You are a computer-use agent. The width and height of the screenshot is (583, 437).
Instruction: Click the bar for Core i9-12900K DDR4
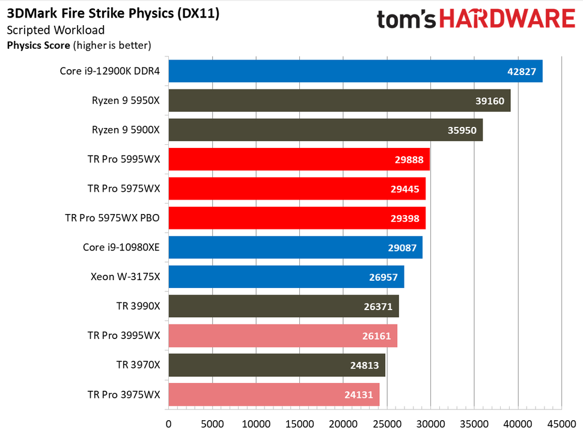click(355, 71)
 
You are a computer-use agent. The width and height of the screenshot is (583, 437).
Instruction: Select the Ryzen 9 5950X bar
click(339, 100)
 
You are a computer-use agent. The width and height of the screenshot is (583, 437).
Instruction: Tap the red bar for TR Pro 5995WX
click(299, 159)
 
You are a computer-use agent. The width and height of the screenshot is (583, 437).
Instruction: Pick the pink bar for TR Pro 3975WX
click(273, 395)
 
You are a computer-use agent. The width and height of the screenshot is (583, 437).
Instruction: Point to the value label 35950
click(463, 130)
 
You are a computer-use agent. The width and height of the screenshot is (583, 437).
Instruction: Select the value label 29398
click(406, 219)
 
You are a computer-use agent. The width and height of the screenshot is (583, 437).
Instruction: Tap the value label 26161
click(378, 336)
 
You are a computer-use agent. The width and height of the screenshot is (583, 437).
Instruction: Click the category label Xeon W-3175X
click(125, 277)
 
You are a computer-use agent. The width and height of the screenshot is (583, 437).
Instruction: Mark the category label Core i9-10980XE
click(121, 248)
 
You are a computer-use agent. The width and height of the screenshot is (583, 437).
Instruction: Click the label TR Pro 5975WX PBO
click(112, 218)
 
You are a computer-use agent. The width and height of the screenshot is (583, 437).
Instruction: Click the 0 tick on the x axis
click(169, 424)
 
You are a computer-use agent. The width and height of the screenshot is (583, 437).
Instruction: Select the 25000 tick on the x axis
click(386, 424)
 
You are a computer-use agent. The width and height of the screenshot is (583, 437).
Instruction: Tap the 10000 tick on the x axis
click(256, 424)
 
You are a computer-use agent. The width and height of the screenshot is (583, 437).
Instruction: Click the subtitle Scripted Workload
click(56, 30)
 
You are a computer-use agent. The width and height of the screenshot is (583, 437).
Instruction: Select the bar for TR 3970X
click(276, 365)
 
